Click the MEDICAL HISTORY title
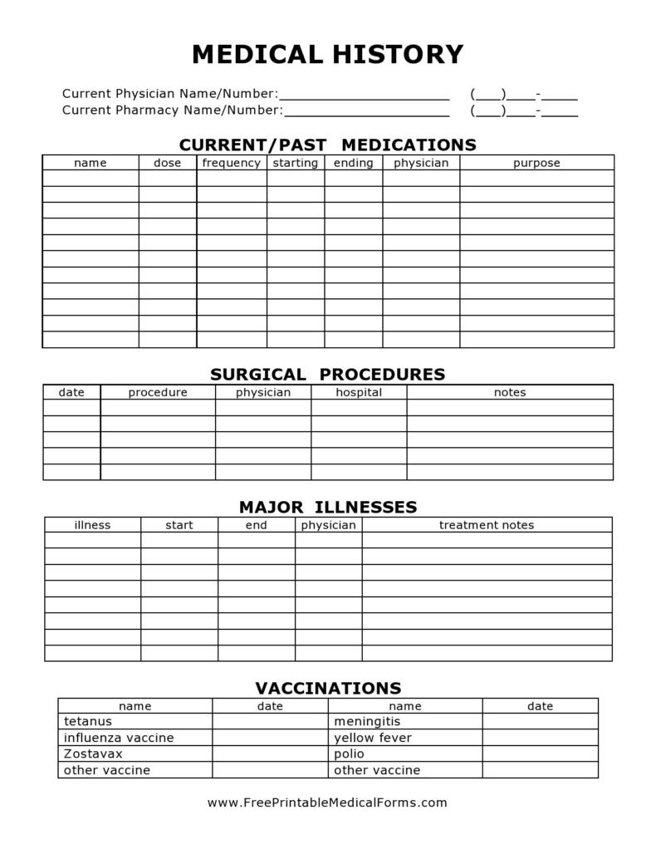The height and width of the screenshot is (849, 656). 327,55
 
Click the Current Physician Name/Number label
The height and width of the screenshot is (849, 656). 169,94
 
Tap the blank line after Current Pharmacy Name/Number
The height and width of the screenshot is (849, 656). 366,111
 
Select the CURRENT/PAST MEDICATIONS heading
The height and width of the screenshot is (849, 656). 327,145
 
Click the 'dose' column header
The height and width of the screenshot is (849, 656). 167,163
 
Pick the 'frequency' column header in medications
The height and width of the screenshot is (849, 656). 231,163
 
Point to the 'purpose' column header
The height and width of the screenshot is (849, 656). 536,163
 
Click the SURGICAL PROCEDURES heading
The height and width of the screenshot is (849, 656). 327,375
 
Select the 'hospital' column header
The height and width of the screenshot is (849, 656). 359,392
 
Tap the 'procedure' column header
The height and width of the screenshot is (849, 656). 158,392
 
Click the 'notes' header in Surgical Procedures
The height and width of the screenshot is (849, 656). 510,392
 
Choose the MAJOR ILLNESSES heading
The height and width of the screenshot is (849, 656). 327,507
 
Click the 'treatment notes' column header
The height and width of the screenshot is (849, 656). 487,525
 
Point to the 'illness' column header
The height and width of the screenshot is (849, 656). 92,525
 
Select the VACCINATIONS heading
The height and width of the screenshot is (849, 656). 327,689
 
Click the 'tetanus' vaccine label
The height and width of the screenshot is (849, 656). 87,721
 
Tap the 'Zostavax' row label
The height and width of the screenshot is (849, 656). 92,753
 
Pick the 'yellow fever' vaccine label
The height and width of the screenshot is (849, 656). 372,738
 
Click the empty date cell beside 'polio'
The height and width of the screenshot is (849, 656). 540,753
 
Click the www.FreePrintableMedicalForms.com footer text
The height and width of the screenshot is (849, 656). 327,802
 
